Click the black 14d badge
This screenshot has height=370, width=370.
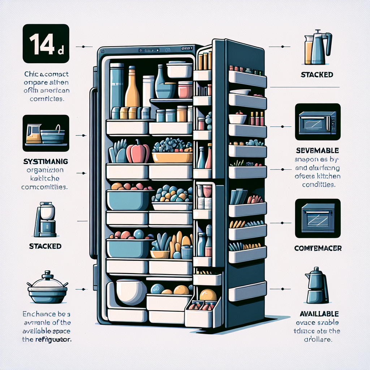46,44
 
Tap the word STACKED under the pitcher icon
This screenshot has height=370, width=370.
317,75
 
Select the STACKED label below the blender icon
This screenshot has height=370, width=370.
45,246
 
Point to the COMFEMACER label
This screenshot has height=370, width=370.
318,249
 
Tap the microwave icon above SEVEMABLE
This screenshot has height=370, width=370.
318,122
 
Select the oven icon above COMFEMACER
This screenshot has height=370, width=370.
318,218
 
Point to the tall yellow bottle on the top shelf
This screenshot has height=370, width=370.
132,89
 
